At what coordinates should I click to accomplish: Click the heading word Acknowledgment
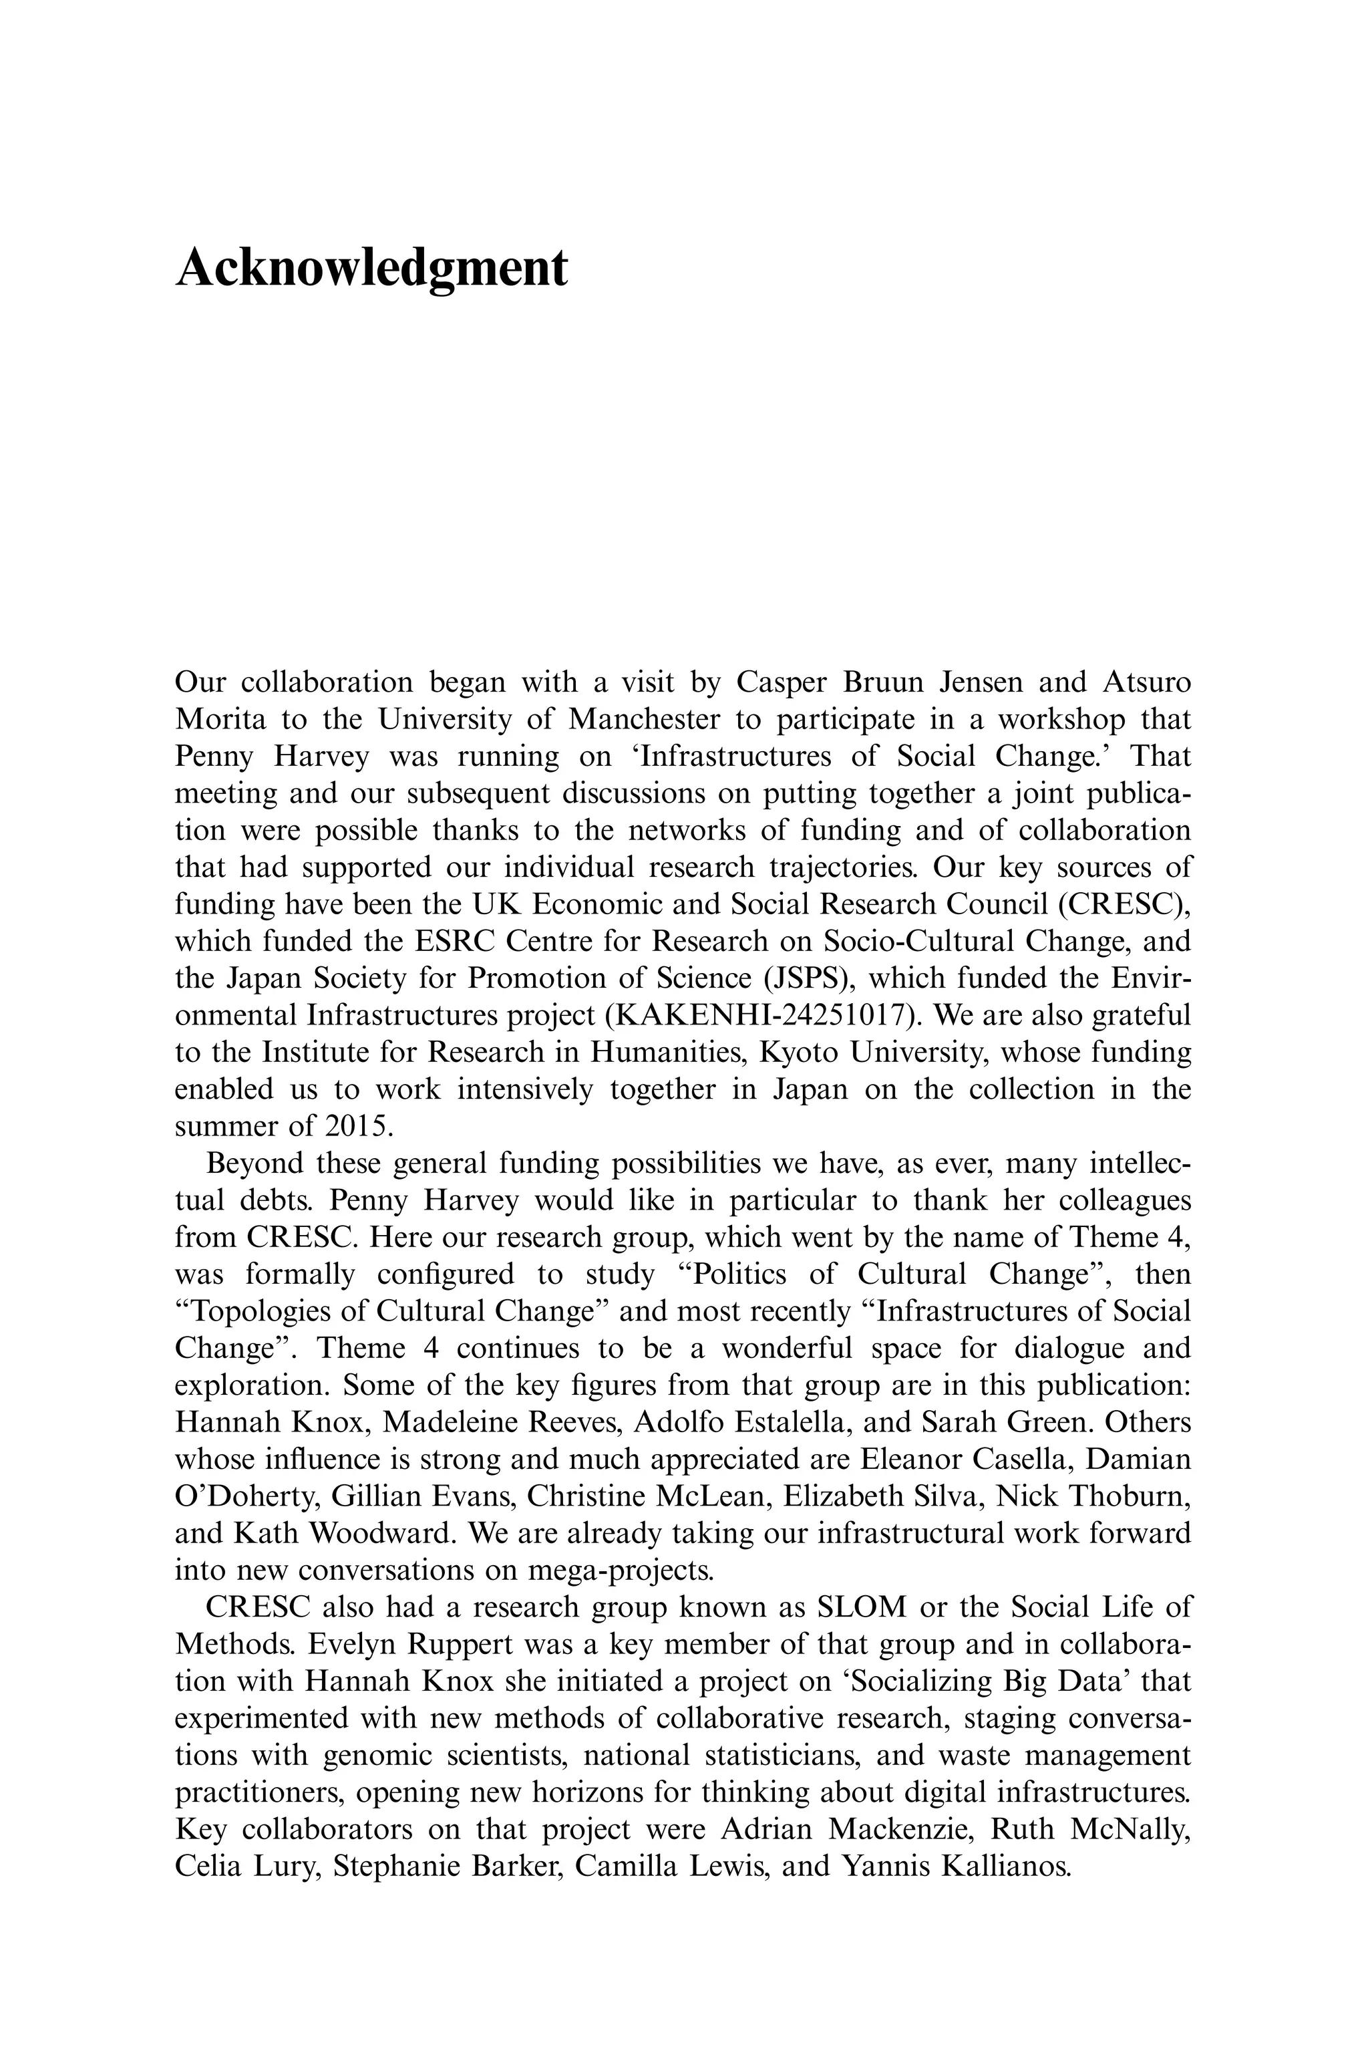coord(371,267)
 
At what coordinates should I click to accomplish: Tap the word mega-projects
coord(621,1570)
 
